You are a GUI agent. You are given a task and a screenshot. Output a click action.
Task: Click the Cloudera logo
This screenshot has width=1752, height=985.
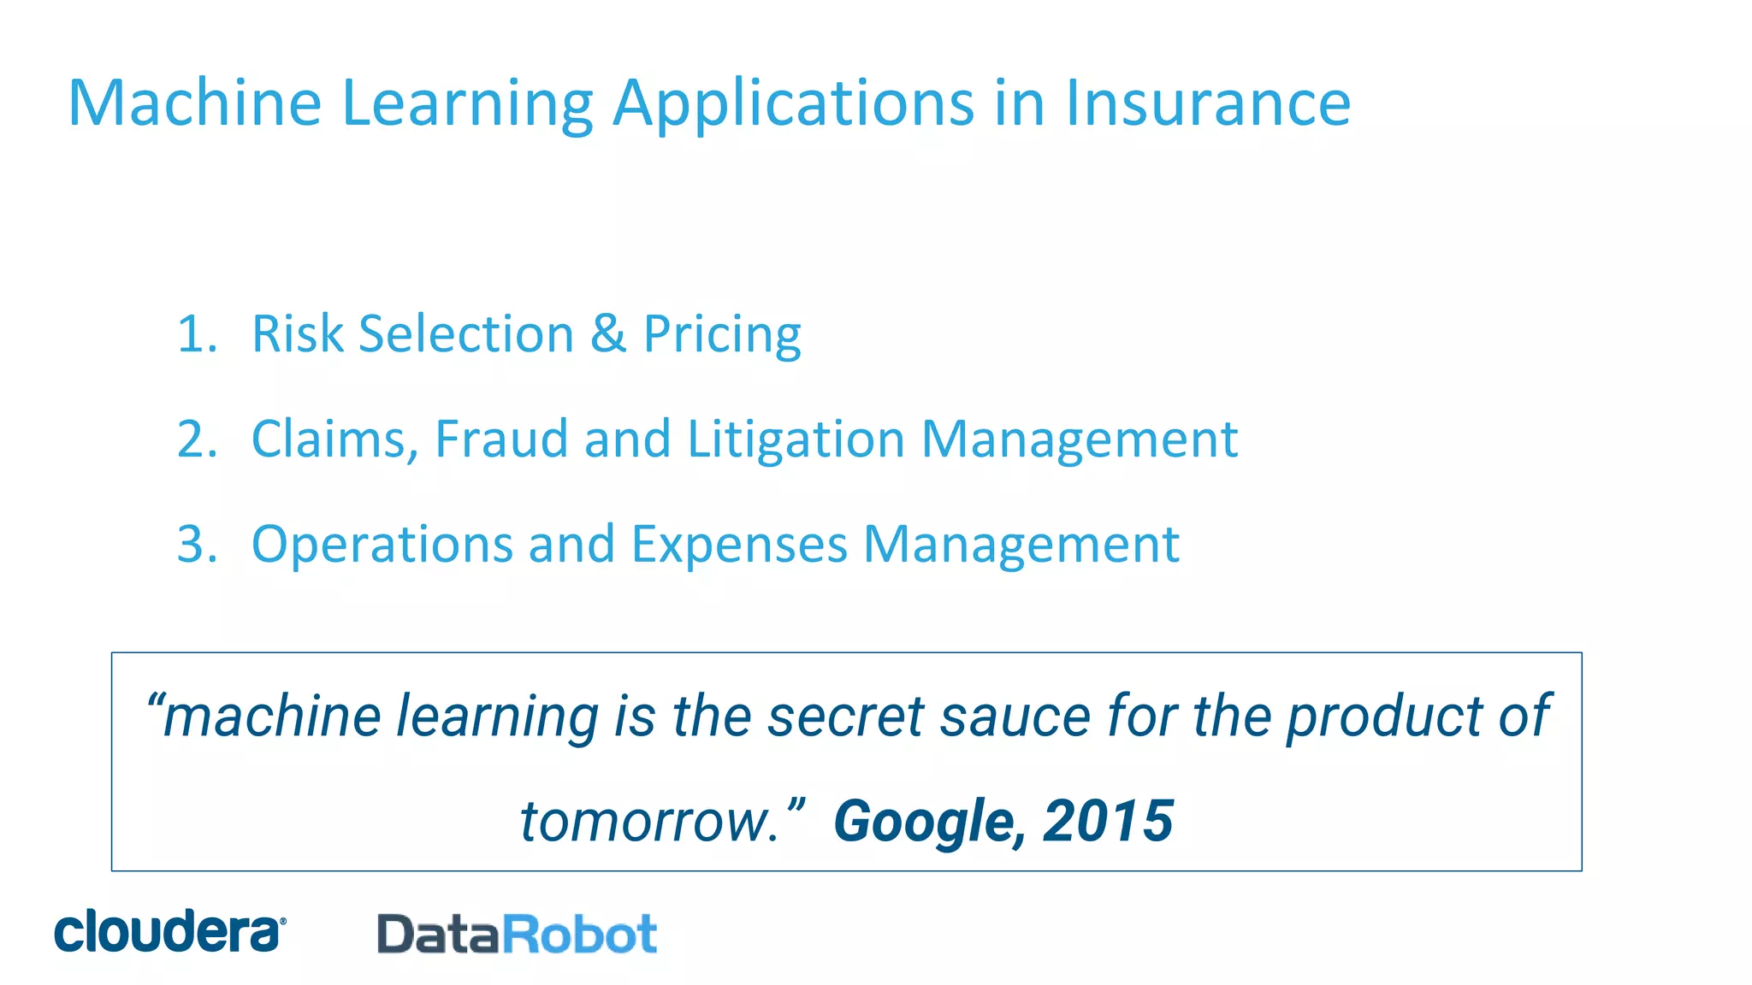point(169,931)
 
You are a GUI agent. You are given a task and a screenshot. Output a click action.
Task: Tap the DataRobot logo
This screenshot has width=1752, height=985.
point(517,934)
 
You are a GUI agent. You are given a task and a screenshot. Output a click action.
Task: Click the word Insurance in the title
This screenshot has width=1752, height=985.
point(1207,103)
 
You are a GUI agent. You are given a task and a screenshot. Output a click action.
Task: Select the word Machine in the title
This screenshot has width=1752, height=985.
point(194,103)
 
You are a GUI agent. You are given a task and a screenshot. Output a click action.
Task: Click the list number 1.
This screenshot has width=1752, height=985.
point(197,333)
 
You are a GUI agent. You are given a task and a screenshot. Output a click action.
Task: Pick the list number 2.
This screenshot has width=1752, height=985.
point(197,439)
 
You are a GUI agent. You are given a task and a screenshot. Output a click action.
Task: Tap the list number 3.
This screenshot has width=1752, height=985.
point(197,544)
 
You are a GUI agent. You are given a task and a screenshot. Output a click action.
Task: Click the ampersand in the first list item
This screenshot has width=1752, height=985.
point(607,333)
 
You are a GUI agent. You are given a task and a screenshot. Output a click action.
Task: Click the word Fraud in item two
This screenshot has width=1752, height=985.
point(501,439)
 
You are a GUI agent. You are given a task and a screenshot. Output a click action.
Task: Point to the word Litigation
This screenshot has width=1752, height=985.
point(796,440)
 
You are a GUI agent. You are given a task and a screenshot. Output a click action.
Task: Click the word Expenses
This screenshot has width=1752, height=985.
point(739,546)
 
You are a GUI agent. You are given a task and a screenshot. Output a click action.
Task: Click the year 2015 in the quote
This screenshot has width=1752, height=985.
point(1108,820)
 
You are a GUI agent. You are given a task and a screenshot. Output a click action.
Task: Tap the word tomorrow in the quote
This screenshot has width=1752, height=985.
point(648,822)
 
